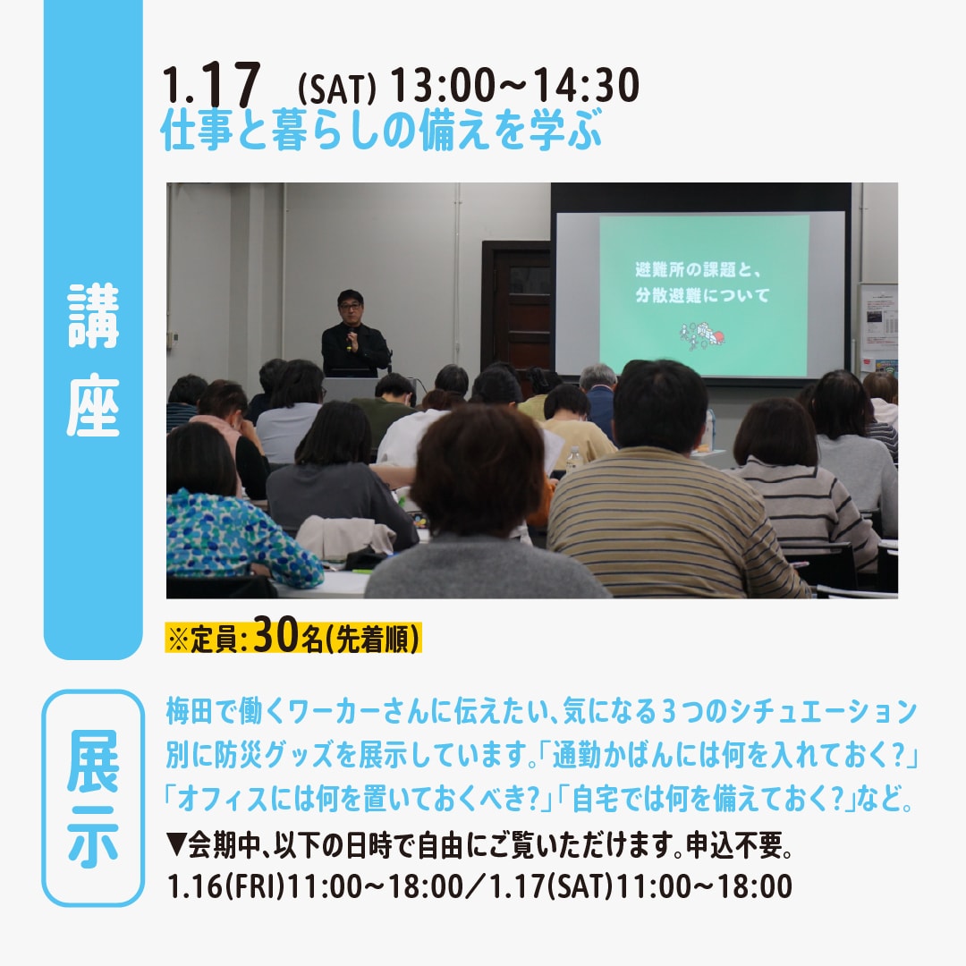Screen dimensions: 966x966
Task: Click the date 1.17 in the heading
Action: [211, 85]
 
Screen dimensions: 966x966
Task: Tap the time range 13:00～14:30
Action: [515, 85]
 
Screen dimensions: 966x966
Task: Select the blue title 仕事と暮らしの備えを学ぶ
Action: [381, 130]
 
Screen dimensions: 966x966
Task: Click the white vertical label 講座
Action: [93, 360]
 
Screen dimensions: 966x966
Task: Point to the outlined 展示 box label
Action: [93, 799]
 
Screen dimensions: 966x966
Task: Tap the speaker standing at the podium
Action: [354, 334]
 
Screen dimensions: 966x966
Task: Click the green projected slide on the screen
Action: [704, 295]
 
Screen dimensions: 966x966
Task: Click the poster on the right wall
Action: [878, 327]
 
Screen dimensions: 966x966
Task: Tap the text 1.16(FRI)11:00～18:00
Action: [316, 886]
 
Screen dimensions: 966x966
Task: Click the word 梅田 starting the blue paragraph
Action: [189, 712]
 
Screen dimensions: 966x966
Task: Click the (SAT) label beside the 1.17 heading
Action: [336, 90]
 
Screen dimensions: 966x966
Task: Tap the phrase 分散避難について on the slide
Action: [702, 295]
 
